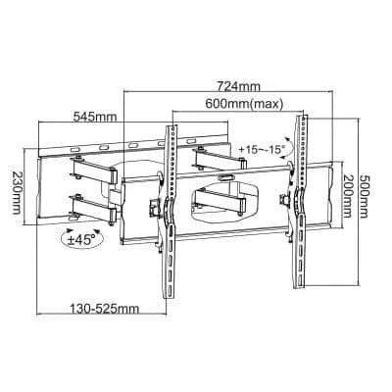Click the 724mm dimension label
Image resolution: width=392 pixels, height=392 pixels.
pos(228,85)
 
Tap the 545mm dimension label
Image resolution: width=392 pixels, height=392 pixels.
pos(94,118)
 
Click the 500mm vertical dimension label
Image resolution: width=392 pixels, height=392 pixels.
pos(365,191)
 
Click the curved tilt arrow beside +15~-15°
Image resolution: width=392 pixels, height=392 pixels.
pos(285,144)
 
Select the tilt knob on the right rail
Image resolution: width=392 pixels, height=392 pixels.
pos(287,202)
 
